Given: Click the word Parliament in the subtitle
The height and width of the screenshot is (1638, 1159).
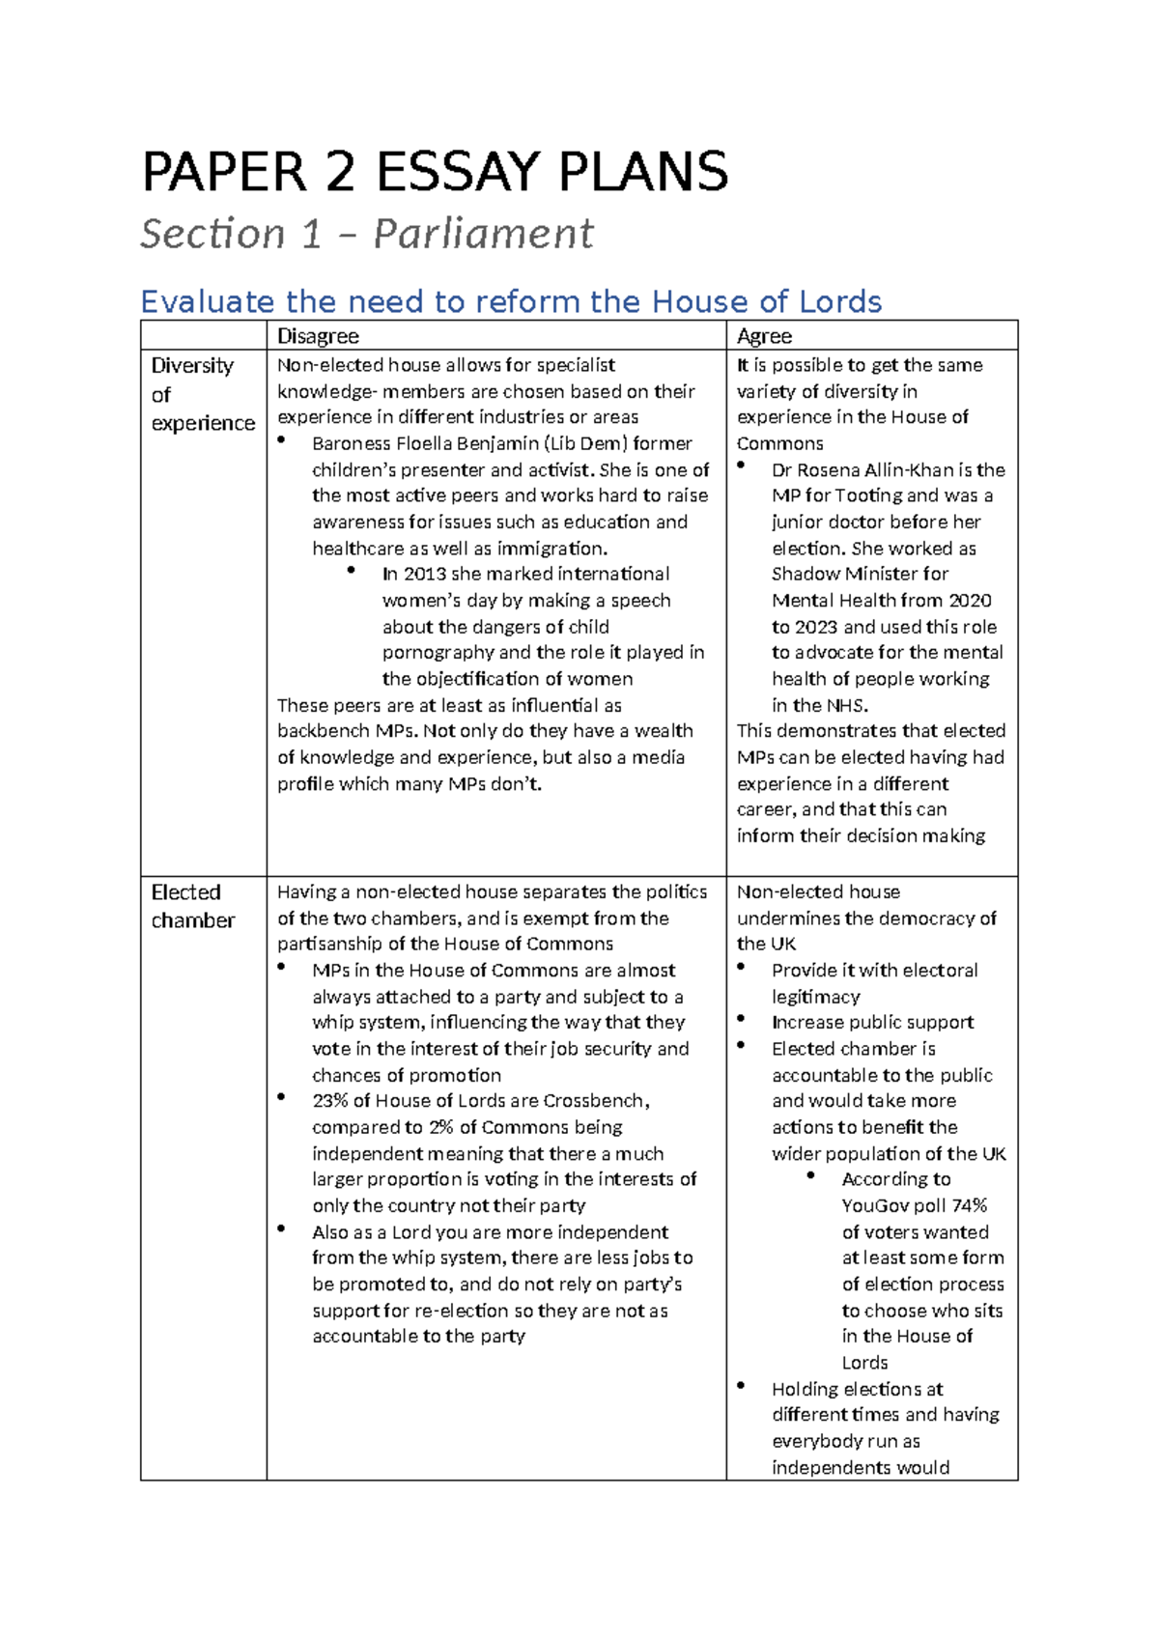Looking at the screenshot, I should (x=483, y=235).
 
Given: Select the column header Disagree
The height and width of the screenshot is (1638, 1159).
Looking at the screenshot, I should (x=318, y=336).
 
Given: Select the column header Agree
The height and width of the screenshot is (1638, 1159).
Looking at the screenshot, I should (x=764, y=336).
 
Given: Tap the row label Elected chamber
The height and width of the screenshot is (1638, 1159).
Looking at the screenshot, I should (x=192, y=906).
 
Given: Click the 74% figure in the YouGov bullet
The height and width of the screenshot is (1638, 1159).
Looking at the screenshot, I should (x=969, y=1205).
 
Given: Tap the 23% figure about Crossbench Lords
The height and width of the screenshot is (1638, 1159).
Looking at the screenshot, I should (x=330, y=1101).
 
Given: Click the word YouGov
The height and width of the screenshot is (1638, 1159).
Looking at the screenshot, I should (x=875, y=1205).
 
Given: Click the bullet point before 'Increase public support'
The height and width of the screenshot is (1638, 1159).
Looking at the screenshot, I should (x=741, y=1019).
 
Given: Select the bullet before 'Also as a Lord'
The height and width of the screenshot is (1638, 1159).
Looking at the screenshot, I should (x=281, y=1228).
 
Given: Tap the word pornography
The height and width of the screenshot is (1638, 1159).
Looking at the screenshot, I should (x=438, y=653).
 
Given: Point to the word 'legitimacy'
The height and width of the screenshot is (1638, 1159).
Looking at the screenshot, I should (x=815, y=997).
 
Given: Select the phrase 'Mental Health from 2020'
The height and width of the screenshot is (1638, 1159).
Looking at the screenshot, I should (x=881, y=601).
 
